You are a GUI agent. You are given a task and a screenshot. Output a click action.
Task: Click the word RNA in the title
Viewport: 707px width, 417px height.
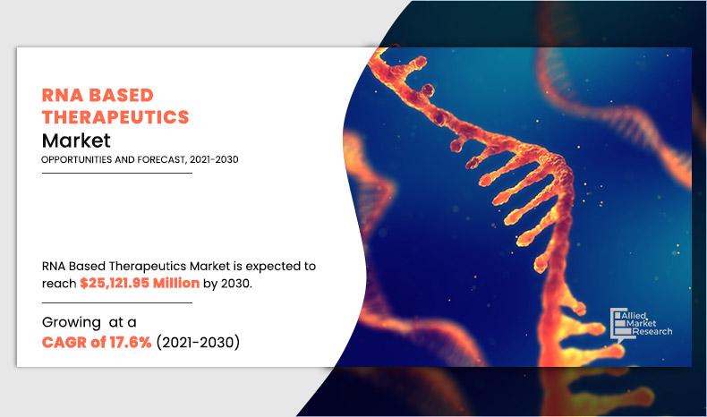click(62, 96)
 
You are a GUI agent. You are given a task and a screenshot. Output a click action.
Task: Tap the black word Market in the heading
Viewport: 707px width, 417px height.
click(76, 140)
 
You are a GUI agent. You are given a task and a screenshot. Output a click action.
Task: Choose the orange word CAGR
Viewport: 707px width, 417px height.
click(66, 343)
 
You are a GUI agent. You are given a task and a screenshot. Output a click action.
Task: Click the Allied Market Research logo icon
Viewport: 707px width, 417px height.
click(617, 322)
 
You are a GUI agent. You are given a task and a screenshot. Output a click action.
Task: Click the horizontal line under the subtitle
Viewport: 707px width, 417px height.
click(117, 174)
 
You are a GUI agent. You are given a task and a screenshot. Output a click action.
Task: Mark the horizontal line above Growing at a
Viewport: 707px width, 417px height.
click(117, 303)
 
